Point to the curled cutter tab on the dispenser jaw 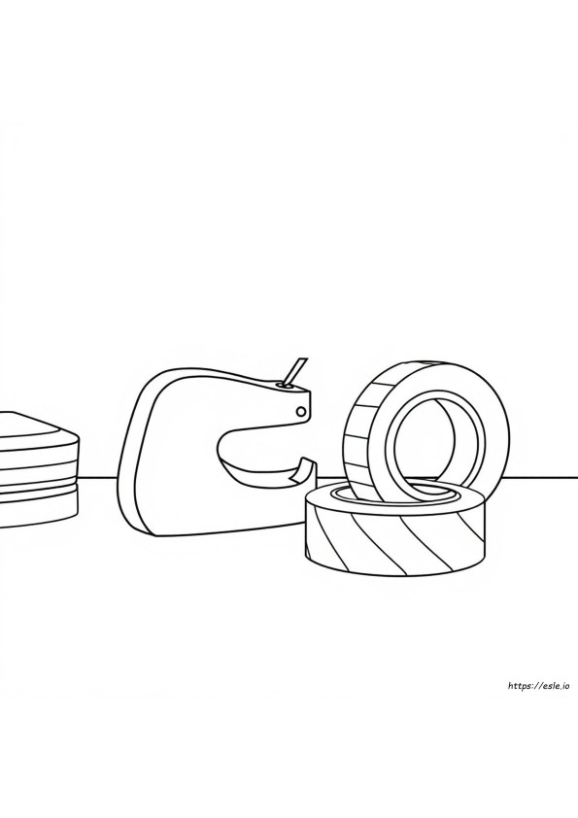click(x=302, y=469)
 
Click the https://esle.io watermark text click(x=537, y=686)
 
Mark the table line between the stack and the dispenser click(x=99, y=477)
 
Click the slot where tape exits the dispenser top click(x=286, y=386)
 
